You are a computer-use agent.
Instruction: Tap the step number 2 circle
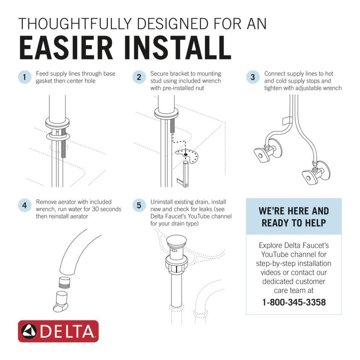[139, 77]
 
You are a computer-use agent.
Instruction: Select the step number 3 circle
[252, 77]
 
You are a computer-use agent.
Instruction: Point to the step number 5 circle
[139, 206]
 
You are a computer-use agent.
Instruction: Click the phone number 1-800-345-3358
[294, 301]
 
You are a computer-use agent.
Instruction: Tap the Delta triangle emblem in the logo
[30, 332]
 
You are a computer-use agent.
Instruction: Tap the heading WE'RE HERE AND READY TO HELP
[294, 217]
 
